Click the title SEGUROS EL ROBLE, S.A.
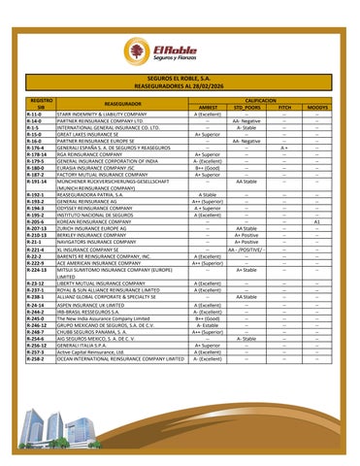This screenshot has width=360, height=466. [x=180, y=76]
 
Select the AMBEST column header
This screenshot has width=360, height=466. [x=208, y=107]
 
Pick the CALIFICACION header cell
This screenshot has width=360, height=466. [x=262, y=99]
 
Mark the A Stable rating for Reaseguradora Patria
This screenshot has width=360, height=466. [x=208, y=194]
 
